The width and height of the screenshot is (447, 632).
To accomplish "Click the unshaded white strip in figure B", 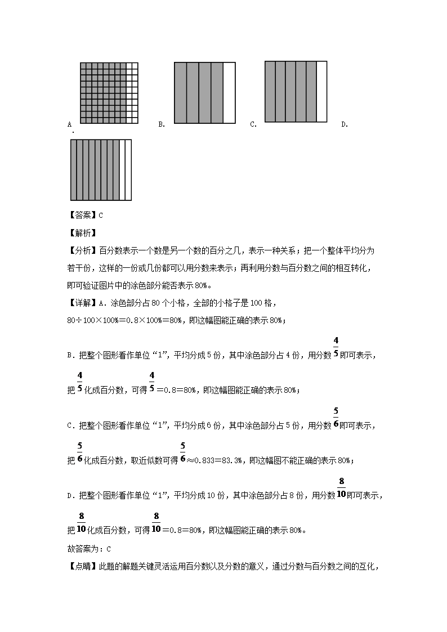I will click(229, 93).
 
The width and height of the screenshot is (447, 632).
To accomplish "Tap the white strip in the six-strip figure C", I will click(321, 91).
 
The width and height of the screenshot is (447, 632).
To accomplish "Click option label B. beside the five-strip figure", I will click(162, 124).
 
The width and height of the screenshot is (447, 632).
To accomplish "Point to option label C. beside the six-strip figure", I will click(253, 124).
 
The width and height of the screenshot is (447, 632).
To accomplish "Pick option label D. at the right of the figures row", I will click(345, 124).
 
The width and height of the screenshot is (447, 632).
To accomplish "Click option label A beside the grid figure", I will click(69, 124).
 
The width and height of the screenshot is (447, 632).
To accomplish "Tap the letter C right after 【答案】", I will click(101, 215).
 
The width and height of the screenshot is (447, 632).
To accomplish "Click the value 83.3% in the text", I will click(232, 460).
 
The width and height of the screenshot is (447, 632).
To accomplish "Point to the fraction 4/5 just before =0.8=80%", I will click(152, 382).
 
